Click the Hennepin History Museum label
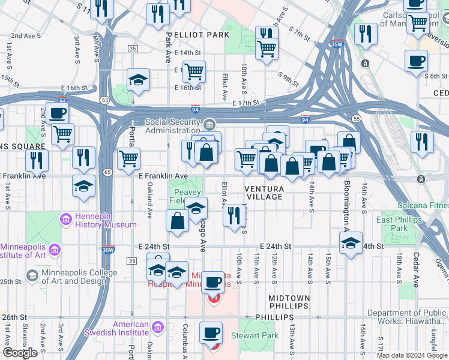pyautogui.click(x=105, y=220)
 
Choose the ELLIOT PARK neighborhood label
pyautogui.click(x=198, y=35)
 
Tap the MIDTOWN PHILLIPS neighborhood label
pyautogui.click(x=289, y=302)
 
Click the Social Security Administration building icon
pyautogui.click(x=208, y=125)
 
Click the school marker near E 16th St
pyautogui.click(x=138, y=81)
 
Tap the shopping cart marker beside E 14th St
pyautogui.click(x=194, y=72)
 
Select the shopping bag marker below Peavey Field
pyautogui.click(x=178, y=221)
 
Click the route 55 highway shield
pyautogui.click(x=357, y=119)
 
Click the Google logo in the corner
pyautogui.click(x=20, y=353)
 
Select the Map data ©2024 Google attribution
pyautogui.click(x=412, y=355)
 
